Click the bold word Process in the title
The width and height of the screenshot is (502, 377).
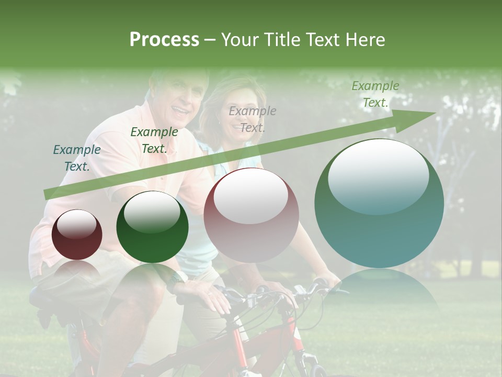pos(164,40)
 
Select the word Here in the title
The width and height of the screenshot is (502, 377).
pos(364,40)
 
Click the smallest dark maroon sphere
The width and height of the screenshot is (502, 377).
pos(77,235)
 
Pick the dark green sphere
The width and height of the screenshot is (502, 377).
pos(152,227)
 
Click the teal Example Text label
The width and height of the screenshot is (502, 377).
pos(77,158)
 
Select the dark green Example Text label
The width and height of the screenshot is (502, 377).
pos(154,140)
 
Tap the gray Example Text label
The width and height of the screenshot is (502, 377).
pos(253,119)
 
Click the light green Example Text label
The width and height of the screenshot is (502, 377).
pos(375,94)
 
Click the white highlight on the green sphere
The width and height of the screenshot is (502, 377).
pos(152,212)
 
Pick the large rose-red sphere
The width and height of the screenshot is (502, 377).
pos(252,215)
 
